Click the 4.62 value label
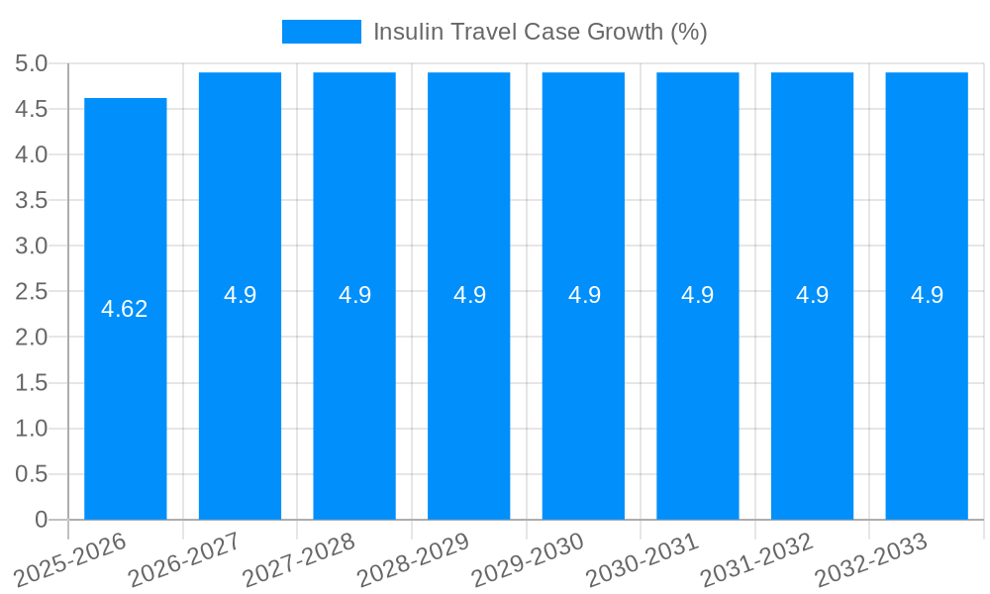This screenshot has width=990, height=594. [x=125, y=309]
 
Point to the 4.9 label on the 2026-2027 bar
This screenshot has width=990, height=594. [x=240, y=295]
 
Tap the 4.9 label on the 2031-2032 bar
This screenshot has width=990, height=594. [x=812, y=295]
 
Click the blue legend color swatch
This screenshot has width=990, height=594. [x=321, y=32]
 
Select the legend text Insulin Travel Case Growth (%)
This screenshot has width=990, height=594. [x=540, y=32]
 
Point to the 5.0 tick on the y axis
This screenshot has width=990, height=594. [x=32, y=63]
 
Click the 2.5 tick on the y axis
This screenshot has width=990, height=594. [x=32, y=292]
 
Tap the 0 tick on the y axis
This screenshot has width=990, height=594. [x=41, y=520]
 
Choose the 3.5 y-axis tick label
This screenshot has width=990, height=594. [x=32, y=200]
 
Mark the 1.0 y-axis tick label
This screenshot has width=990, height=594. [x=32, y=429]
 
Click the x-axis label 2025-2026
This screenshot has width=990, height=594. [x=71, y=558]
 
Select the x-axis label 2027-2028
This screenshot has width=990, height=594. [x=299, y=558]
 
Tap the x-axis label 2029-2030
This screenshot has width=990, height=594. [x=528, y=558]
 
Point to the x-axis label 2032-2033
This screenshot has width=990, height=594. [x=871, y=558]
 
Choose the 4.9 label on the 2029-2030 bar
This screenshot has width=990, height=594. [x=583, y=295]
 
